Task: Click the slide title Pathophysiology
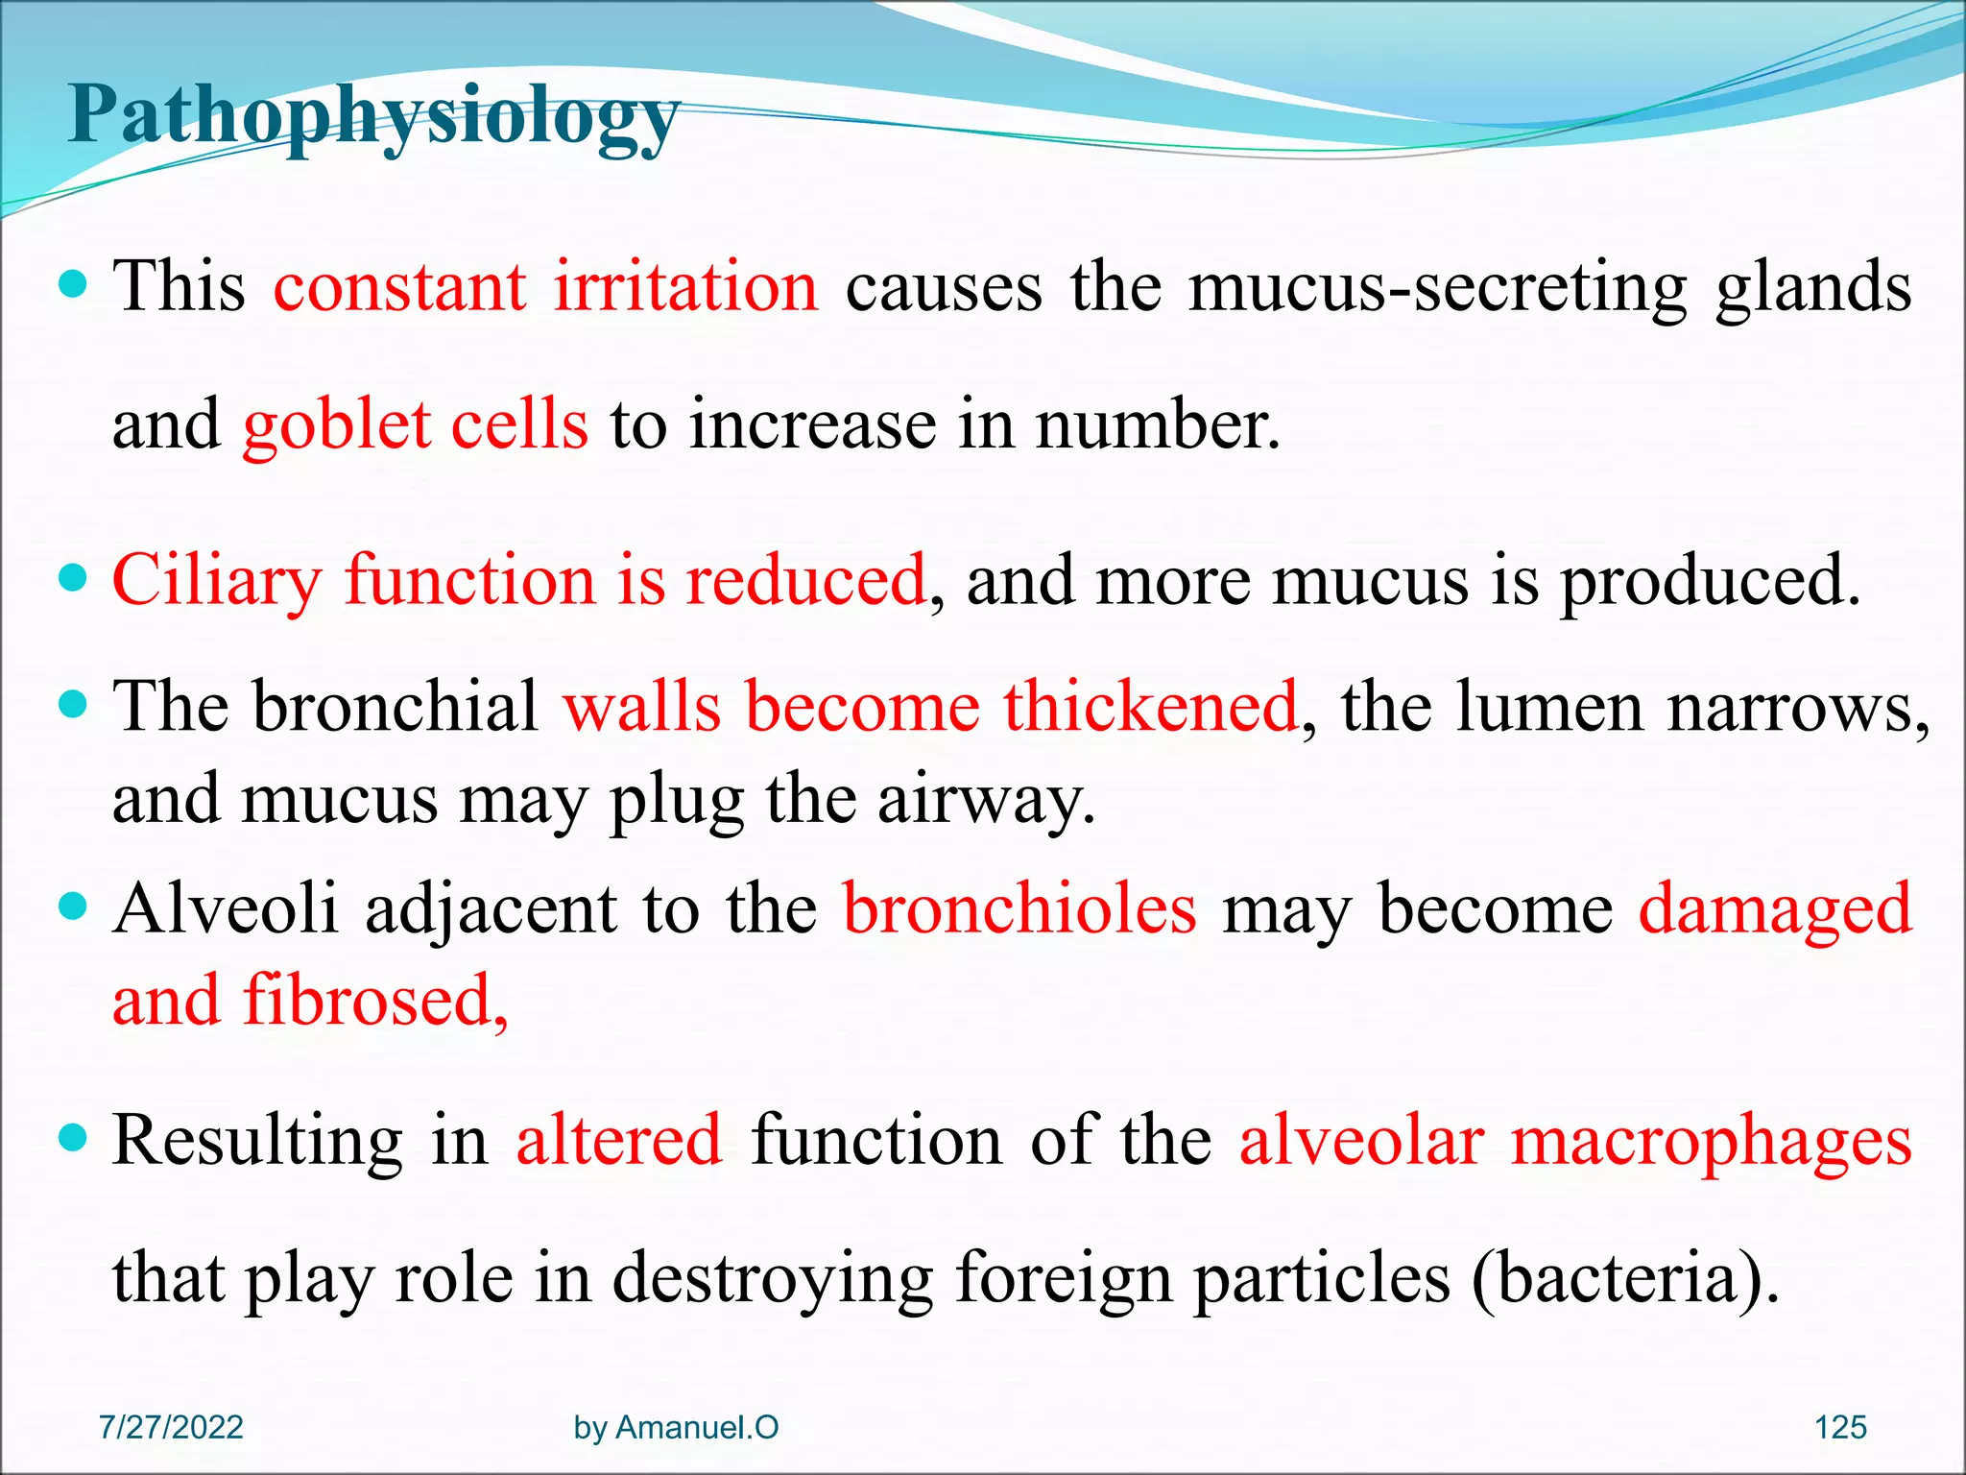[x=374, y=117]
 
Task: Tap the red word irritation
[x=685, y=286]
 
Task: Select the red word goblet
[x=336, y=424]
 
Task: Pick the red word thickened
[x=1151, y=707]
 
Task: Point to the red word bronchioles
[x=1019, y=908]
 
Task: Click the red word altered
[x=619, y=1141]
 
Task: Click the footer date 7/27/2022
[x=171, y=1427]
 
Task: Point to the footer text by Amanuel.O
[x=676, y=1427]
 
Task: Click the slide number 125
[x=1840, y=1427]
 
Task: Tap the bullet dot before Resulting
[x=74, y=1139]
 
